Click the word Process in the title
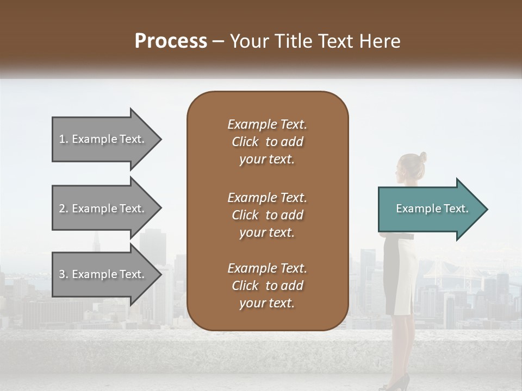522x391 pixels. point(171,41)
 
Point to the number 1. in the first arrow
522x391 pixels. point(64,139)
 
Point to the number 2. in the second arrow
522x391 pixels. point(64,209)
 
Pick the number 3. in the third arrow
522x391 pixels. point(64,274)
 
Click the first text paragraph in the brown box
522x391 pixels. point(267,142)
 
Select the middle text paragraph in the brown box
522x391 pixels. point(267,215)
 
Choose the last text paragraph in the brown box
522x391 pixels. point(267,286)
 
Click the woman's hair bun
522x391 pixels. point(422,157)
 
